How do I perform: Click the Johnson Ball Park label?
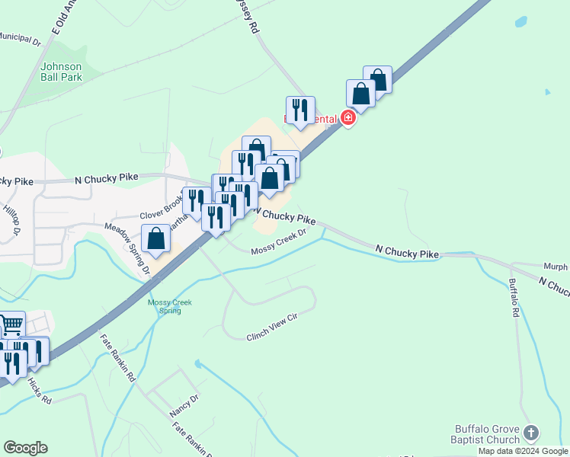(61, 72)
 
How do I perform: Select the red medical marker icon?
(348, 117)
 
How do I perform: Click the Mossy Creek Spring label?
(170, 306)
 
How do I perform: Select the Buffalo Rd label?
(514, 298)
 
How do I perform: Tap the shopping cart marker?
(11, 325)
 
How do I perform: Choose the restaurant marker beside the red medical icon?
(300, 110)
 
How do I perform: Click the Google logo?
(25, 448)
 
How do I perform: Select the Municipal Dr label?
(18, 38)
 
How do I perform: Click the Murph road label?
(555, 267)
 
